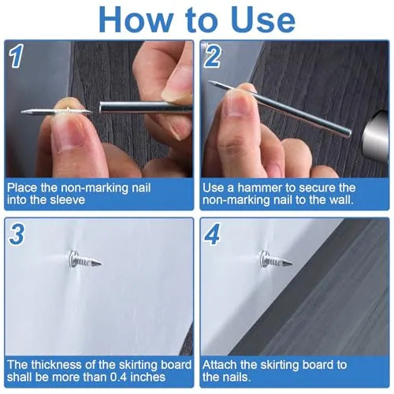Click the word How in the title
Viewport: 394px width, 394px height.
click(138, 19)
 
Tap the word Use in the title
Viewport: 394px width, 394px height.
click(259, 19)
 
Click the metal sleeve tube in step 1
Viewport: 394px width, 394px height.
click(146, 107)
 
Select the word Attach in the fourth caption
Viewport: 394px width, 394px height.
click(221, 365)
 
